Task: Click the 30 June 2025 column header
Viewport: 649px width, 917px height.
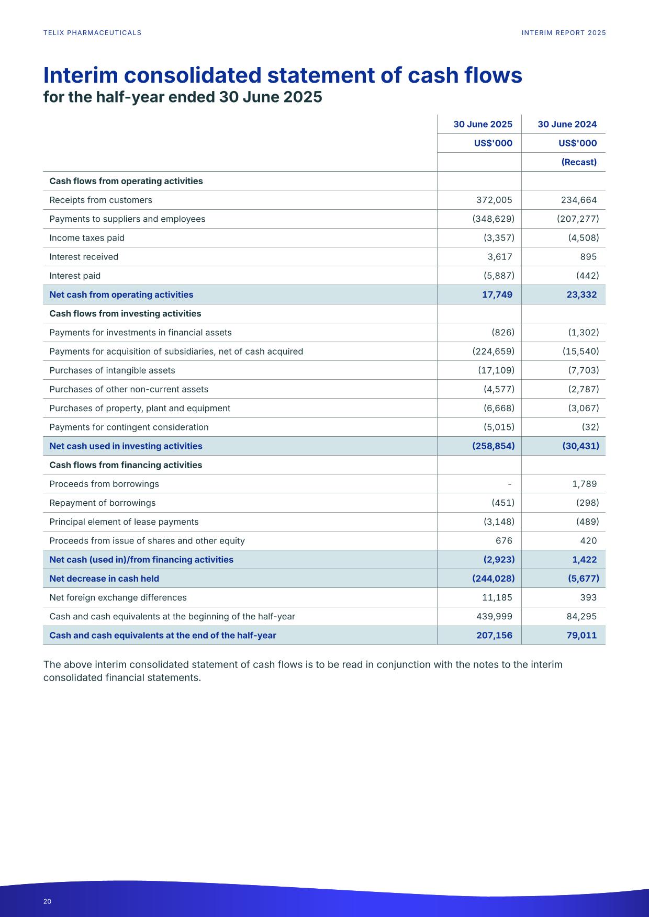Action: point(483,124)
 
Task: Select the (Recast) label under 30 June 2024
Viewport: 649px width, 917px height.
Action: point(579,162)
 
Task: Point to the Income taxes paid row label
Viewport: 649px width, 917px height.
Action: point(87,238)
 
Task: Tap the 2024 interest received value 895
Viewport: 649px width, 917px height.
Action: point(588,257)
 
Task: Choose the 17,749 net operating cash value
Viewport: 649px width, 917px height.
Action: point(497,295)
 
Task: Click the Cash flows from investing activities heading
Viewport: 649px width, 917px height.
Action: point(125,313)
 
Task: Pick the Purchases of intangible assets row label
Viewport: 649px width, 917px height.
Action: point(112,370)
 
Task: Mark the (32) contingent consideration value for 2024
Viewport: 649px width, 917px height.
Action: point(590,427)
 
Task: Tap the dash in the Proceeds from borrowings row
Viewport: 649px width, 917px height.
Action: point(509,484)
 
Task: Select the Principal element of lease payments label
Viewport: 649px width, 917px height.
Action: point(124,522)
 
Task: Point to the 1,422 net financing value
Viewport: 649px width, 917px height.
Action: point(584,560)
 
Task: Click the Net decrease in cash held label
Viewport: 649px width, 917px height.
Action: point(104,579)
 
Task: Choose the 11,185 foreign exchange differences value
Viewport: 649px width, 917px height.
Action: point(497,597)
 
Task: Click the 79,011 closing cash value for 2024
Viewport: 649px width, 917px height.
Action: point(581,635)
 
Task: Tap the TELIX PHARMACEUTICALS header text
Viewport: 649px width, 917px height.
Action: point(92,33)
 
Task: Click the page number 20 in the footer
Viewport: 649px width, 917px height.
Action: point(47,901)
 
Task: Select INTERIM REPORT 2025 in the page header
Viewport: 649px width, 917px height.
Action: point(564,33)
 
